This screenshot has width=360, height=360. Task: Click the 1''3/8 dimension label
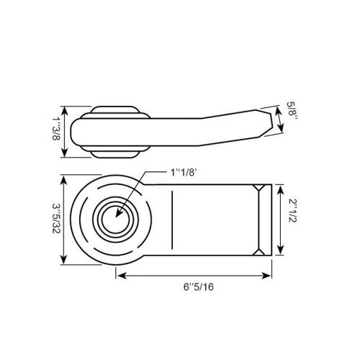[x=56, y=129]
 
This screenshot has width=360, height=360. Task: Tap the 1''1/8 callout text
[x=184, y=172]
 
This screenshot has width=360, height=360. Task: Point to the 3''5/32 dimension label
[x=56, y=219]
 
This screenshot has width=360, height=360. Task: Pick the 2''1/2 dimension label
[x=292, y=210]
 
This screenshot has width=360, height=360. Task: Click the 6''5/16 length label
[x=199, y=287]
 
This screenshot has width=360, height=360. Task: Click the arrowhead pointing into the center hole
[x=119, y=213]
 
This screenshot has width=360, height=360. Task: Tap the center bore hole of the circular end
[x=116, y=220]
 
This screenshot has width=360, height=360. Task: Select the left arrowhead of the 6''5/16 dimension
[x=122, y=276]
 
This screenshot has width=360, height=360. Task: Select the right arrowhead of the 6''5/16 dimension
[x=266, y=276]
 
